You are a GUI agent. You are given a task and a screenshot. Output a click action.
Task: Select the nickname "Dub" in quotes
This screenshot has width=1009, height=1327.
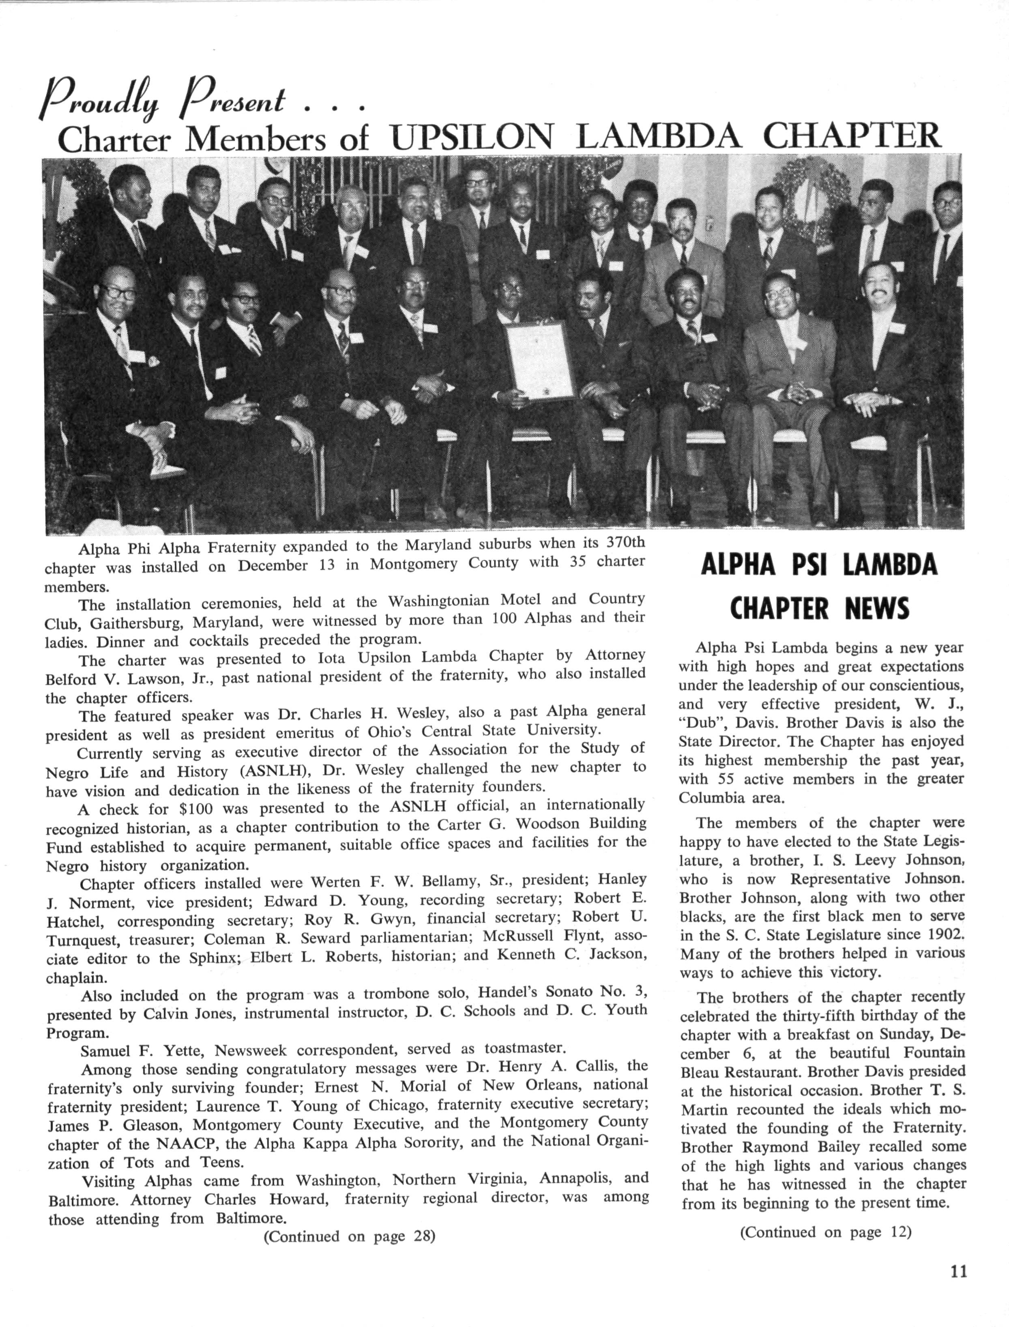(701, 724)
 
